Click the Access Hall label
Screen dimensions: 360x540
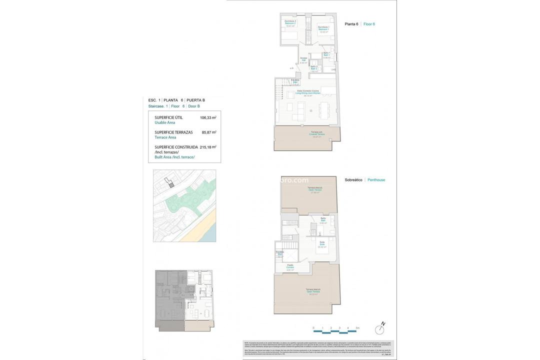tap(303, 60)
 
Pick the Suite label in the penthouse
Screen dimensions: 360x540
tap(322, 245)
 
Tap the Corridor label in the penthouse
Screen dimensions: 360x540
tap(290, 267)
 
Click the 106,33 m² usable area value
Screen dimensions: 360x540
tap(208, 118)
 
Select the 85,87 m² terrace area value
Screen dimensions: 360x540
tap(209, 132)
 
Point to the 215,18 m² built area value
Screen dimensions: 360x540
tap(208, 147)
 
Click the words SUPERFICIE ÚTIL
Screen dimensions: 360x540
tap(168, 117)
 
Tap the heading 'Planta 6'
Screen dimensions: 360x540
tap(351, 24)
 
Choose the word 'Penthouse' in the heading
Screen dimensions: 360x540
tap(376, 180)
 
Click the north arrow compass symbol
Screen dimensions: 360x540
tap(380, 329)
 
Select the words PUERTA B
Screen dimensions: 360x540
tap(195, 100)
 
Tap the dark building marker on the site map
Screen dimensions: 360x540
tap(171, 185)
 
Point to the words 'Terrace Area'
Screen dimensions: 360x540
tap(165, 137)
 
